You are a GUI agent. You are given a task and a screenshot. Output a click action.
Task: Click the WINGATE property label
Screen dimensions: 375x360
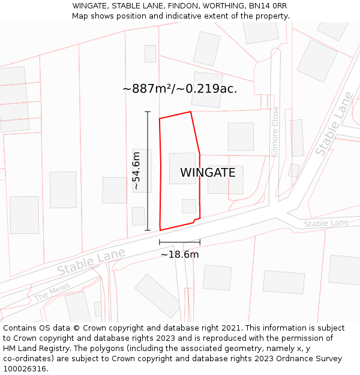(x=208, y=173)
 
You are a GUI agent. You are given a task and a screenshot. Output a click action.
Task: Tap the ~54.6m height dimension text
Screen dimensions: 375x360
(x=136, y=171)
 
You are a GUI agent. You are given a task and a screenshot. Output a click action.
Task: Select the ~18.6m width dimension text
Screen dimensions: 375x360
(x=179, y=254)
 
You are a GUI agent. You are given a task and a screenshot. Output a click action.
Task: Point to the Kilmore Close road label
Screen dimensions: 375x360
(x=275, y=132)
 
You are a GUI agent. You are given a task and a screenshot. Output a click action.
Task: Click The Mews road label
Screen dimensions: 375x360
(x=52, y=292)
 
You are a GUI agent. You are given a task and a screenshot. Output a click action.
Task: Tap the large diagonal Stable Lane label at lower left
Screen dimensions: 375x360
(x=91, y=262)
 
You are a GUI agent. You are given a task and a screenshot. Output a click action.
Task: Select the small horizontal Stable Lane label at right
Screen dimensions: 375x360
(x=326, y=223)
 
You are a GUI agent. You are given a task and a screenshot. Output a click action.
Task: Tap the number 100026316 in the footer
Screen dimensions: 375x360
(x=25, y=369)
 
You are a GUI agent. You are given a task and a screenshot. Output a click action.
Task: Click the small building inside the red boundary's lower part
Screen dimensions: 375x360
(x=189, y=206)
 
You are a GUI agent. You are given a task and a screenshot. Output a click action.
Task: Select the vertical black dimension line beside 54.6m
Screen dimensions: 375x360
(x=148, y=171)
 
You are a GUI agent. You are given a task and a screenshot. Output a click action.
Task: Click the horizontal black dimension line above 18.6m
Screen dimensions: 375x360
(x=179, y=242)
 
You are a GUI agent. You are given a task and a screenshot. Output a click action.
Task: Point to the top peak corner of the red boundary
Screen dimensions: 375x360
(x=191, y=112)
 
